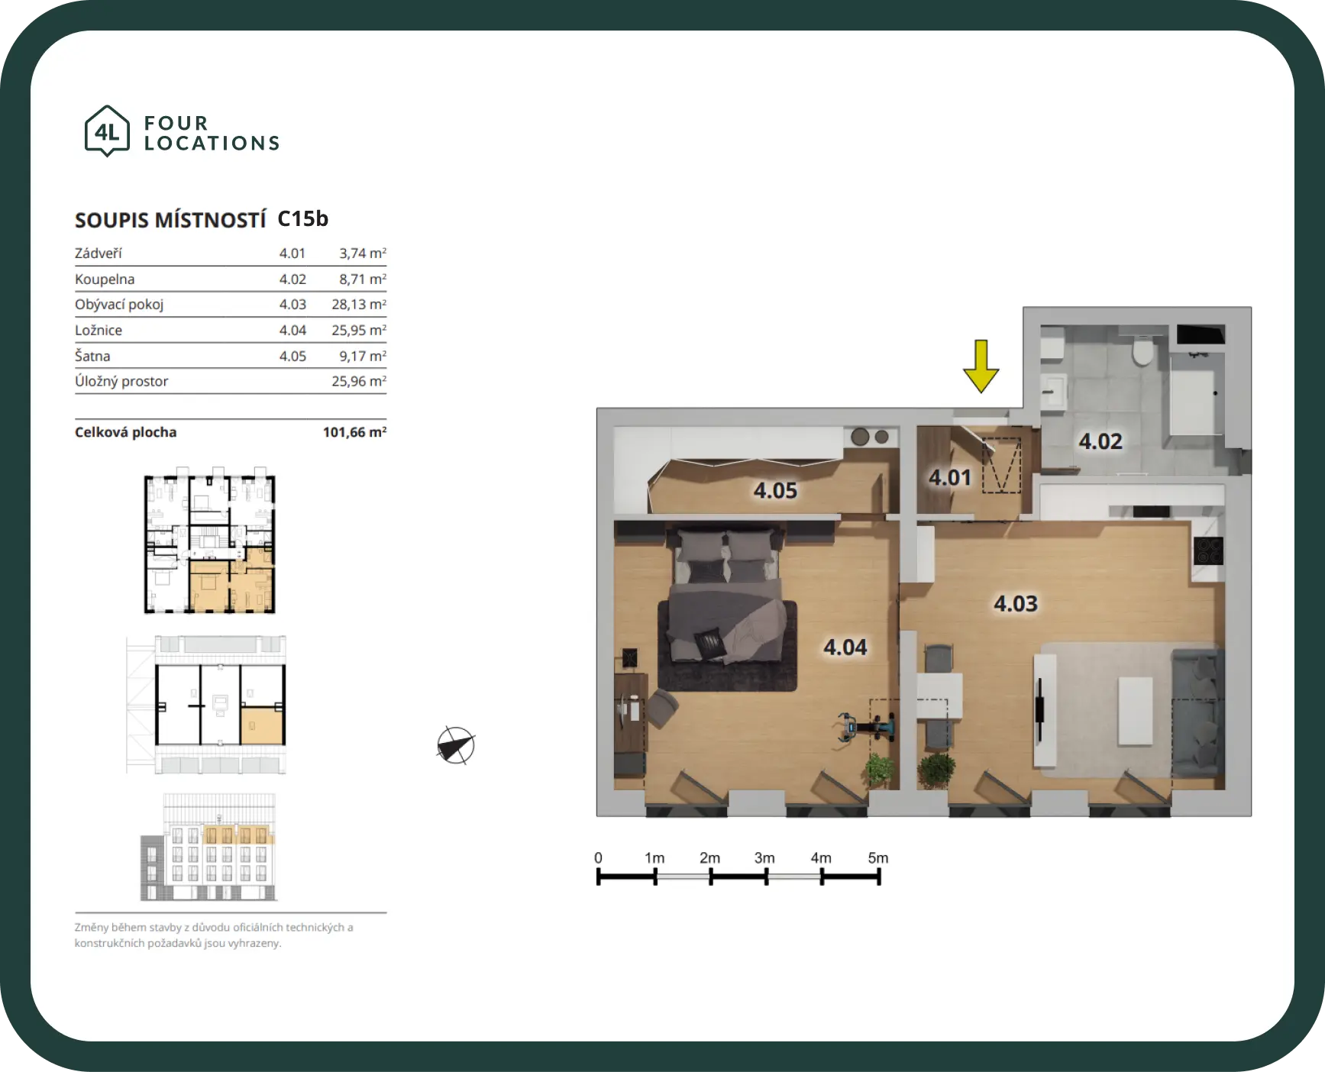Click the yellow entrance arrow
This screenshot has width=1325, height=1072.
coord(981,366)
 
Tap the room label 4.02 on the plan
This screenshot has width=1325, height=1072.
coord(1100,441)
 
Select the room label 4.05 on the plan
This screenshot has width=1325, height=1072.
coord(775,490)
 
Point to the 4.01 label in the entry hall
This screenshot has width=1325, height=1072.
coord(950,478)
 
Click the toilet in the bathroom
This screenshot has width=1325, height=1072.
coord(1143,350)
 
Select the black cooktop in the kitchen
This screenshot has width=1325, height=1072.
coord(1208,551)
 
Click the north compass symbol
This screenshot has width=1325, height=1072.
coord(456,745)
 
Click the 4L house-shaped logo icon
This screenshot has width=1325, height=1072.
coord(107,131)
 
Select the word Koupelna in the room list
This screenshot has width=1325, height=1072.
coord(105,279)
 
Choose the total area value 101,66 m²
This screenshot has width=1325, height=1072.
coord(354,432)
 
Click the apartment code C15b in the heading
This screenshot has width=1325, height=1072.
coord(302,219)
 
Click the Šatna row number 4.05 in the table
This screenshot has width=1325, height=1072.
coord(292,356)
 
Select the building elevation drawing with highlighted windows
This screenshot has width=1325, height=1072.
coord(208,848)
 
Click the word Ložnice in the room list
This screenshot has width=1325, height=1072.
coord(99,330)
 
